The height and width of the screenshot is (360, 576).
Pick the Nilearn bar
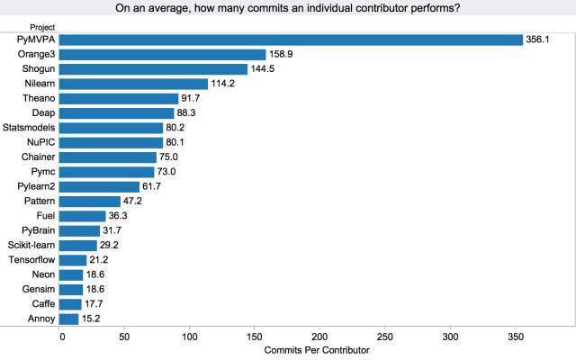pos(133,84)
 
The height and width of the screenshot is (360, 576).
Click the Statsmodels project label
pos(31,128)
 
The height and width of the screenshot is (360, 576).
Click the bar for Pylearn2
pos(99,186)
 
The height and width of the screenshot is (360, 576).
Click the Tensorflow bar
pos(73,260)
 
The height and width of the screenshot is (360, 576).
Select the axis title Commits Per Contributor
pos(319,350)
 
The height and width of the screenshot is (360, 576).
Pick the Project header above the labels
pos(42,27)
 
